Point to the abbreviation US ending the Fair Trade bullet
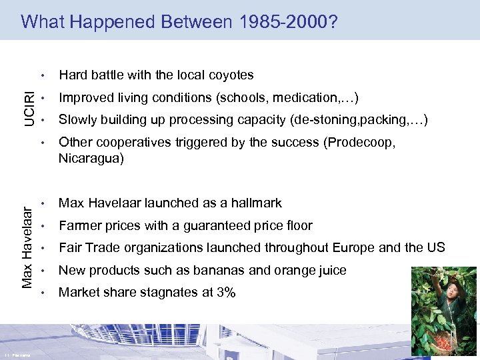tap(435, 247)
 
